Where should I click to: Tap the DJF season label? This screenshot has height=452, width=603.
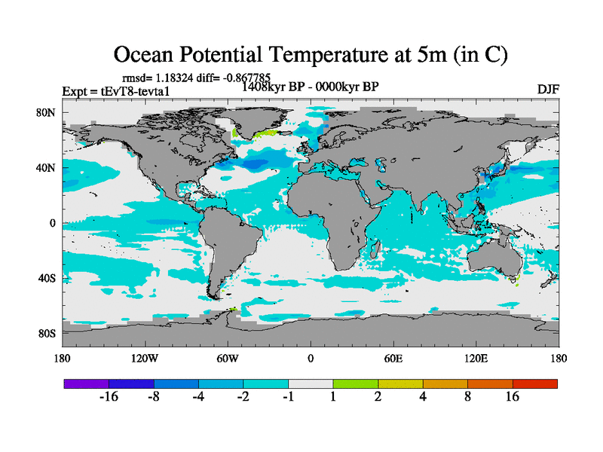pyautogui.click(x=548, y=89)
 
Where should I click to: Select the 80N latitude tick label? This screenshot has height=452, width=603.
pyautogui.click(x=47, y=113)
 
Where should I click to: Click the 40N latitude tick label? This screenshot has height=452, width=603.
pyautogui.click(x=47, y=168)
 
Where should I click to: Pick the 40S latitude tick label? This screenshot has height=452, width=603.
pyautogui.click(x=47, y=278)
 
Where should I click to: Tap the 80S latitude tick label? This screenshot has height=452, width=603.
pyautogui.click(x=47, y=333)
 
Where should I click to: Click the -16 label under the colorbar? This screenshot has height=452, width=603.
pyautogui.click(x=109, y=398)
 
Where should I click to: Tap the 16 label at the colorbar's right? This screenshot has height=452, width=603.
pyautogui.click(x=513, y=398)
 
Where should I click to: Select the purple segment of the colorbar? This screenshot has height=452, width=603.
pyautogui.click(x=87, y=383)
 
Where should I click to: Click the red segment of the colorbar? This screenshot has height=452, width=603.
pyautogui.click(x=535, y=383)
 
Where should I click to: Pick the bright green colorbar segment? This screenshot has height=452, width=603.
pyautogui.click(x=356, y=383)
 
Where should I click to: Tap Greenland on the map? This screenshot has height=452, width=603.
pyautogui.click(x=256, y=121)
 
